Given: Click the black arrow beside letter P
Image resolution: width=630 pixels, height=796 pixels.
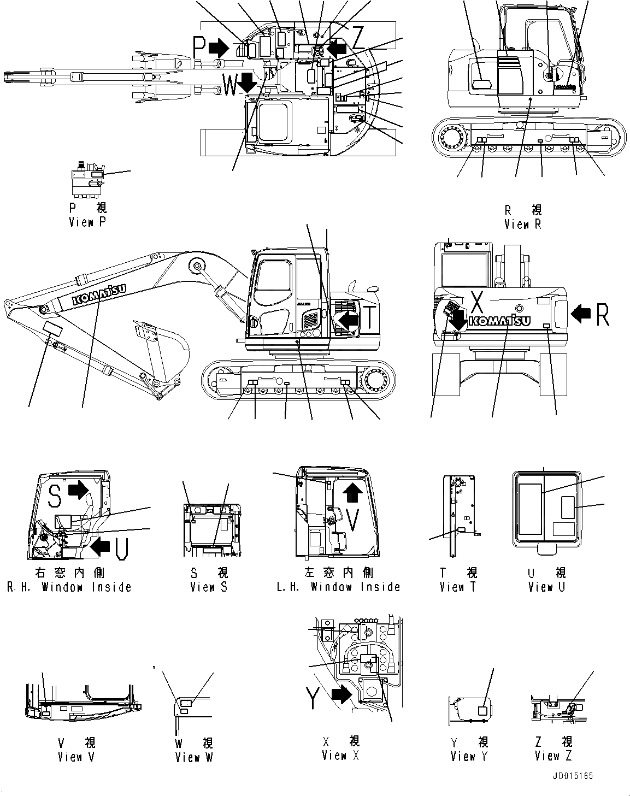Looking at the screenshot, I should (219, 48).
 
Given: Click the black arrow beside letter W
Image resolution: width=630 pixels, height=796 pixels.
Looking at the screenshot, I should (247, 82).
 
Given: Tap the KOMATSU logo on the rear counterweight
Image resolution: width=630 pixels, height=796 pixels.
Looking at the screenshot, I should (499, 321).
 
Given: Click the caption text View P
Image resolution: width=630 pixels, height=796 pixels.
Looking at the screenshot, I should (87, 222).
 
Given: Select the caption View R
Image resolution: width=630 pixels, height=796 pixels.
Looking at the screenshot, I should (523, 225).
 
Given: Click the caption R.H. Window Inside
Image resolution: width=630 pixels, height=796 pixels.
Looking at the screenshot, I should (69, 587).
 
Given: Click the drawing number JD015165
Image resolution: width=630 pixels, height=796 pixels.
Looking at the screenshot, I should (572, 776).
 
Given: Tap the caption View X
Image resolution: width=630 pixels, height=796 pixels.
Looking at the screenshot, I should (341, 756).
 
